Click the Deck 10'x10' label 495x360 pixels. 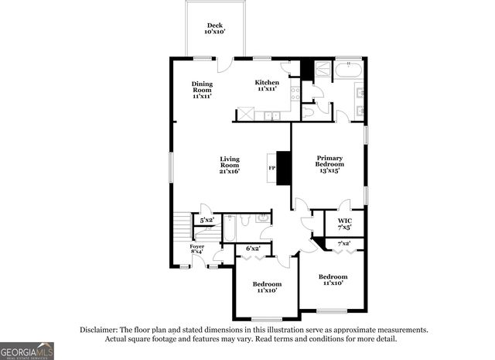(x=214, y=29)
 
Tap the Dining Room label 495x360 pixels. (x=202, y=90)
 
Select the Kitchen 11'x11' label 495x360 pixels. (x=268, y=85)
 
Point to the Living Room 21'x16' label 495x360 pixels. (x=230, y=165)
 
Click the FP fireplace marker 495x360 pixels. (x=271, y=168)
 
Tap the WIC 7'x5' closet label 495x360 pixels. (x=345, y=224)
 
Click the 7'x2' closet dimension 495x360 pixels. (x=344, y=244)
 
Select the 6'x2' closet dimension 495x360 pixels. (x=252, y=249)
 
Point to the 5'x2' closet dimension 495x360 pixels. (x=207, y=221)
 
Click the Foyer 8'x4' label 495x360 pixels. (x=197, y=249)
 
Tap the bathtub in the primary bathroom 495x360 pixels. (x=349, y=71)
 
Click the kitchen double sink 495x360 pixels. (x=271, y=116)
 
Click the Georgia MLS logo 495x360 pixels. (x=27, y=351)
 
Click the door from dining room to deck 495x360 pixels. (x=224, y=65)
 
